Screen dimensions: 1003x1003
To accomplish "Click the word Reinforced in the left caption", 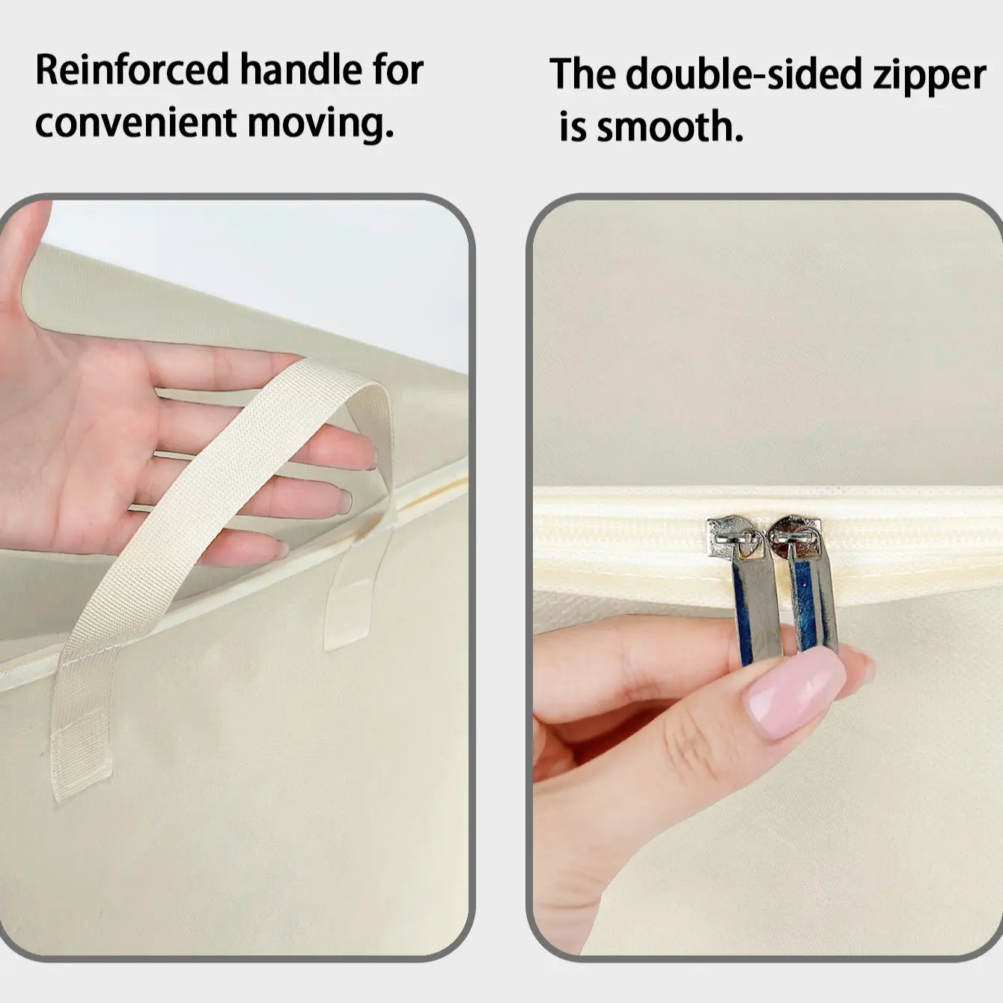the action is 132,70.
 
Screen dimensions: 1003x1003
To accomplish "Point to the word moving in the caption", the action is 320,125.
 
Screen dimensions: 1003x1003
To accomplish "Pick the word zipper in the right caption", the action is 930,78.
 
